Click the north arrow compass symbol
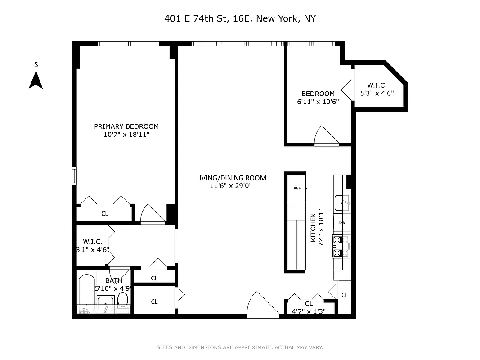point(36,81)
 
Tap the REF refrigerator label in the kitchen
point(297,188)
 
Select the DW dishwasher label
point(342,222)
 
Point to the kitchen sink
point(343,203)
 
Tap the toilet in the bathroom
point(123,300)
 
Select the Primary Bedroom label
point(126,126)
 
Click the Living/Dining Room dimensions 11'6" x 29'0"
point(231,185)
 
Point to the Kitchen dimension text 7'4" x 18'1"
point(321,227)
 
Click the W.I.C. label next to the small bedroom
point(377,85)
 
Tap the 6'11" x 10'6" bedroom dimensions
point(318,102)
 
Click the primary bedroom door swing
point(152,214)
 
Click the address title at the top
point(240,19)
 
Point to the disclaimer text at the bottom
point(240,347)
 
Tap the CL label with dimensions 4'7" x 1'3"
point(309,311)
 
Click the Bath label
point(114,280)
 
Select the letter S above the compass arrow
point(36,65)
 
